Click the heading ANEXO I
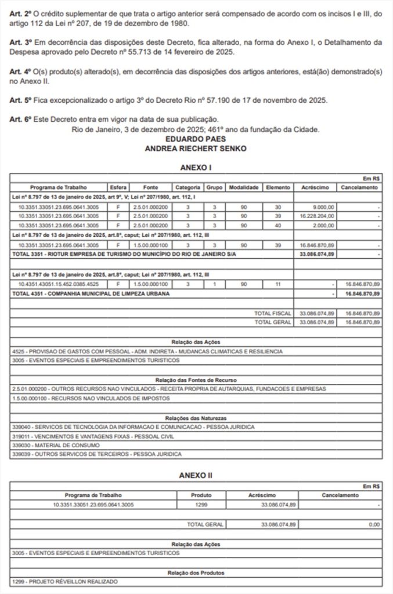[196, 167]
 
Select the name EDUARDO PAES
[196, 140]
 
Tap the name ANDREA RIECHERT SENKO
[196, 148]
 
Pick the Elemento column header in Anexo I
[277, 188]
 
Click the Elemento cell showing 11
[277, 285]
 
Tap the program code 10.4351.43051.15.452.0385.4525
[59, 285]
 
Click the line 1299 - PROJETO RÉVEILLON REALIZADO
[64, 581]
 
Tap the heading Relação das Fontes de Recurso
[196, 379]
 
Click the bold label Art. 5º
[20, 100]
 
